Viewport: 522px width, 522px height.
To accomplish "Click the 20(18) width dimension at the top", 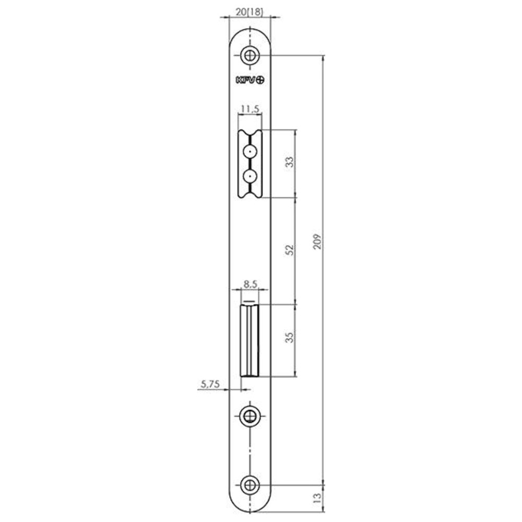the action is tap(250, 12).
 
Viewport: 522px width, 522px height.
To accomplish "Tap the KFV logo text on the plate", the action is tap(246, 80).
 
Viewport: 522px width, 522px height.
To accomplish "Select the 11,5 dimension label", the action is tap(250, 109).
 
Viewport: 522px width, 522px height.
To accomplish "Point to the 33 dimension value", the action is tap(290, 162).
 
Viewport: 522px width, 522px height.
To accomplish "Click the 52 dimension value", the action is tap(290, 250).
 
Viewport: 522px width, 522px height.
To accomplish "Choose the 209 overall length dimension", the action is tap(317, 242).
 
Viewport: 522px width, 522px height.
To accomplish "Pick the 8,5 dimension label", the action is tap(251, 284).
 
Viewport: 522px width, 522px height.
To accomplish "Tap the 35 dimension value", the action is tap(290, 337).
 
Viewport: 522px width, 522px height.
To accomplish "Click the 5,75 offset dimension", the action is tap(210, 384).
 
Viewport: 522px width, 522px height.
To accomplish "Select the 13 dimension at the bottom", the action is tap(317, 497).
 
